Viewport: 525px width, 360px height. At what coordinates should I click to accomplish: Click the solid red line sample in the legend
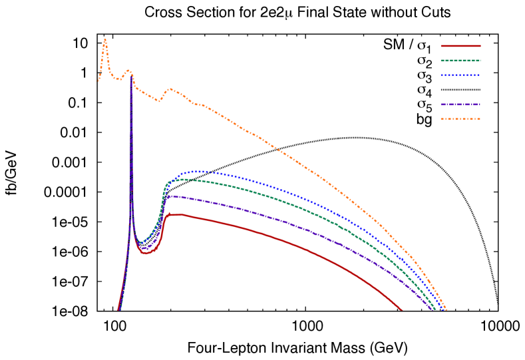pyautogui.click(x=460, y=46)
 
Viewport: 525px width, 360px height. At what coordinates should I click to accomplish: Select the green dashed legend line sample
pyautogui.click(x=460, y=61)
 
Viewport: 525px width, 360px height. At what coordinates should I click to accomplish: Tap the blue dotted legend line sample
pyautogui.click(x=460, y=75)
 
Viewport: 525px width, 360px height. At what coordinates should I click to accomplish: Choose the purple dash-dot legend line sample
pyautogui.click(x=460, y=104)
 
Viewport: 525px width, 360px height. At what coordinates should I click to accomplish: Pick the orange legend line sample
pyautogui.click(x=460, y=119)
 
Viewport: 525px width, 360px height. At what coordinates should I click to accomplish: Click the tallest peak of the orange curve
pyautogui.click(x=105, y=40)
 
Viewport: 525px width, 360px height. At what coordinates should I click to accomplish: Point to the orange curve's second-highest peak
pyautogui.click(x=129, y=70)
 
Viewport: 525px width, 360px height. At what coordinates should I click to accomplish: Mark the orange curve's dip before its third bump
pyautogui.click(x=159, y=101)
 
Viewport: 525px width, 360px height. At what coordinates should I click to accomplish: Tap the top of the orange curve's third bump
pyautogui.click(x=170, y=89)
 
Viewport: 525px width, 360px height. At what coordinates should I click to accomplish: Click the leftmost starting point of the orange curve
pyautogui.click(x=98, y=81)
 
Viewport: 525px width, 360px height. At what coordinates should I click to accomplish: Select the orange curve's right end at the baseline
pyautogui.click(x=446, y=310)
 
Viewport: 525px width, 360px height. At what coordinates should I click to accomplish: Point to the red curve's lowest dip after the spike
pyautogui.click(x=146, y=254)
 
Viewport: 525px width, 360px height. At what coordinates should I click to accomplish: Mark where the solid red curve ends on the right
pyautogui.click(x=402, y=310)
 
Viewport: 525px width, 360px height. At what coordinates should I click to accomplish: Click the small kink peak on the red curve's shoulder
pyautogui.click(x=169, y=213)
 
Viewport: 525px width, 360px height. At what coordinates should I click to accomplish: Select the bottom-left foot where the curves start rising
pyautogui.click(x=118, y=310)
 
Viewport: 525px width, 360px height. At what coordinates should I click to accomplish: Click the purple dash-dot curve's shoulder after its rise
pyautogui.click(x=170, y=196)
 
